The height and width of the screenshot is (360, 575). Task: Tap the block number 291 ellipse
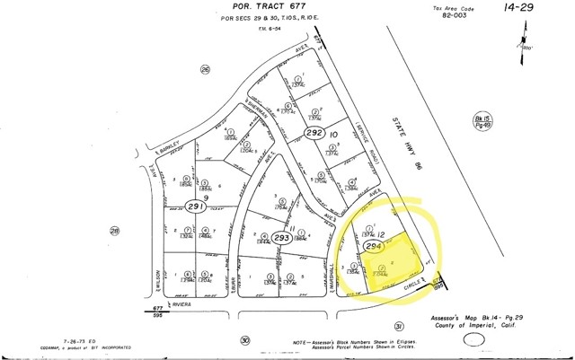[196, 206]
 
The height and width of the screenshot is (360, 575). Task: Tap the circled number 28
[115, 231]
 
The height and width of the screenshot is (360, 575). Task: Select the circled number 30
[245, 340]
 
